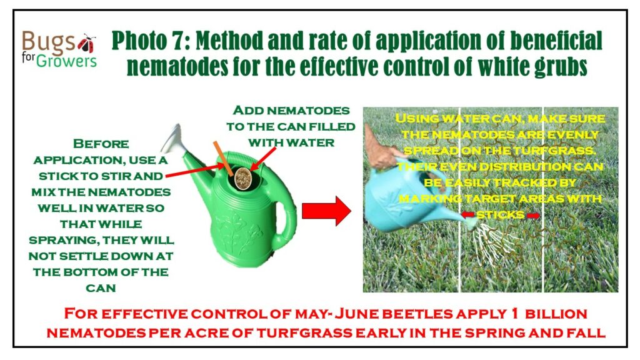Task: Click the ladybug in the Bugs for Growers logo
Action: pos(87,43)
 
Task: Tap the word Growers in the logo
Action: pos(66,61)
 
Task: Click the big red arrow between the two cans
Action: pos(326,211)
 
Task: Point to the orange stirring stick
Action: pos(223,159)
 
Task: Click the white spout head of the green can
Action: pos(171,139)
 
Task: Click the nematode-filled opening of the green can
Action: pos(243,178)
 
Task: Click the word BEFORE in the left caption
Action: pos(101,144)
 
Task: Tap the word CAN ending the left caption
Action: pos(101,288)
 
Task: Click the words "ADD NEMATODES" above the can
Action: pos(291,111)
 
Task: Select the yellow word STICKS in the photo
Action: pos(501,215)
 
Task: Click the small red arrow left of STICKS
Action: pos(468,215)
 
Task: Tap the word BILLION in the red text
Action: pos(556,314)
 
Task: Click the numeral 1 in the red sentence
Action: pos(514,314)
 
